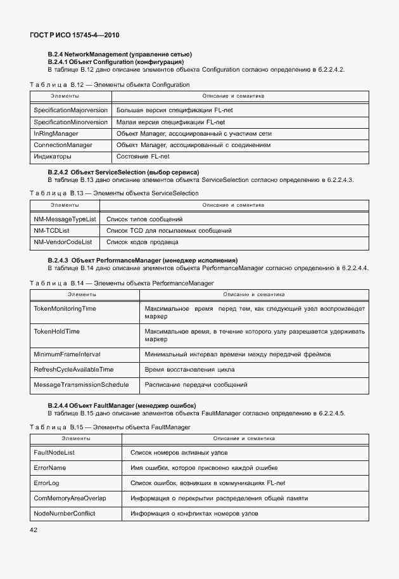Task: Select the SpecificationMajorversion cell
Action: pyautogui.click(x=70, y=110)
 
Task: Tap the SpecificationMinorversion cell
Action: pyautogui.click(x=70, y=122)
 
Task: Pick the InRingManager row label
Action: pyautogui.click(x=56, y=134)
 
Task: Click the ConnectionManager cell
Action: pyautogui.click(x=63, y=145)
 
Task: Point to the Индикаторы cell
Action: pyautogui.click(x=53, y=157)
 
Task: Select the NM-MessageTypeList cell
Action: pyautogui.click(x=65, y=219)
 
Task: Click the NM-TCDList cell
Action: pyautogui.click(x=51, y=230)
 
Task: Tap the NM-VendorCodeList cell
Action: pyautogui.click(x=63, y=242)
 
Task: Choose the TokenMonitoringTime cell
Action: pyautogui.click(x=65, y=308)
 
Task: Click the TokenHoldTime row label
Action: pyautogui.click(x=56, y=331)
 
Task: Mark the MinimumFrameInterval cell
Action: pyautogui.click(x=67, y=354)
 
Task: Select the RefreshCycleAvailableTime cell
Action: pyautogui.click(x=73, y=369)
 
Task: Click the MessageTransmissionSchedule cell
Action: pyautogui.click(x=81, y=384)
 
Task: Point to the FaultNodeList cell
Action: pyautogui.click(x=54, y=452)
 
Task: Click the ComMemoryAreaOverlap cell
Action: pyautogui.click(x=70, y=498)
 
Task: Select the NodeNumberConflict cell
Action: pyautogui.click(x=65, y=513)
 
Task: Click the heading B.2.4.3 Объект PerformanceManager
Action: pyautogui.click(x=143, y=260)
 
